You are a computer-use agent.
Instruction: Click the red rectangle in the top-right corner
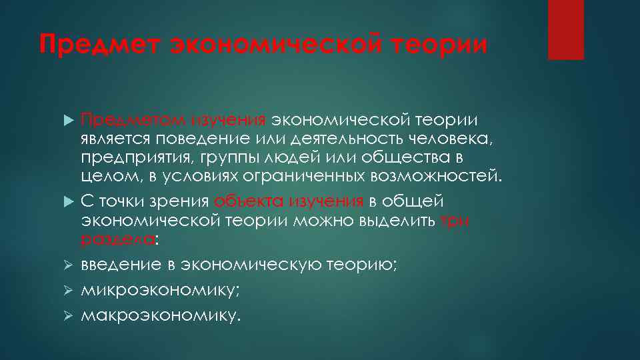[x=565, y=30]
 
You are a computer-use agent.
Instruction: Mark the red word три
[x=455, y=221]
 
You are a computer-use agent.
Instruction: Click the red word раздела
[x=117, y=239]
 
